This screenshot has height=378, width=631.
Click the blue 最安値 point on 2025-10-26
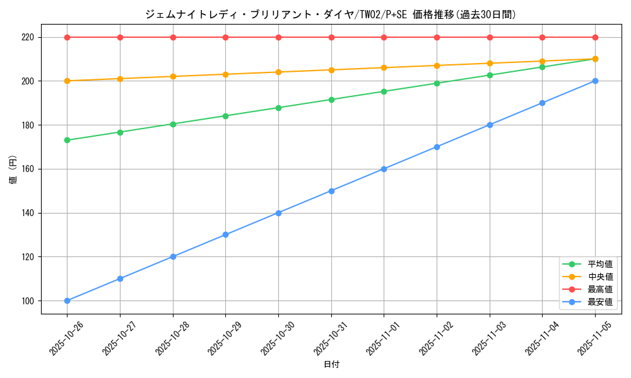tap(67, 301)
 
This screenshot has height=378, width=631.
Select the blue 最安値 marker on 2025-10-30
tap(278, 213)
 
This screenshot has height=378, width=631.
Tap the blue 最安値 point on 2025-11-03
tap(490, 125)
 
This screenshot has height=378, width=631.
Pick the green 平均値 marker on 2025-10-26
tap(67, 140)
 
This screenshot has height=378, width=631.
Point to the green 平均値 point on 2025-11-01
tap(384, 91)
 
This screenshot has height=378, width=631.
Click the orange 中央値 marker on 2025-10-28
tap(173, 76)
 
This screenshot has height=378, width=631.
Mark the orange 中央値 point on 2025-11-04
tap(542, 61)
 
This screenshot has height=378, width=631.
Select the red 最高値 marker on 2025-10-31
tap(331, 37)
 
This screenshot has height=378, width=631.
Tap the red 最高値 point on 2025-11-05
tap(595, 37)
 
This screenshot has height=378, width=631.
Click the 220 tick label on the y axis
tap(27, 37)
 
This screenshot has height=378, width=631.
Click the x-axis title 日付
tap(331, 365)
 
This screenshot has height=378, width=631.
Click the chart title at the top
tap(331, 14)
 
